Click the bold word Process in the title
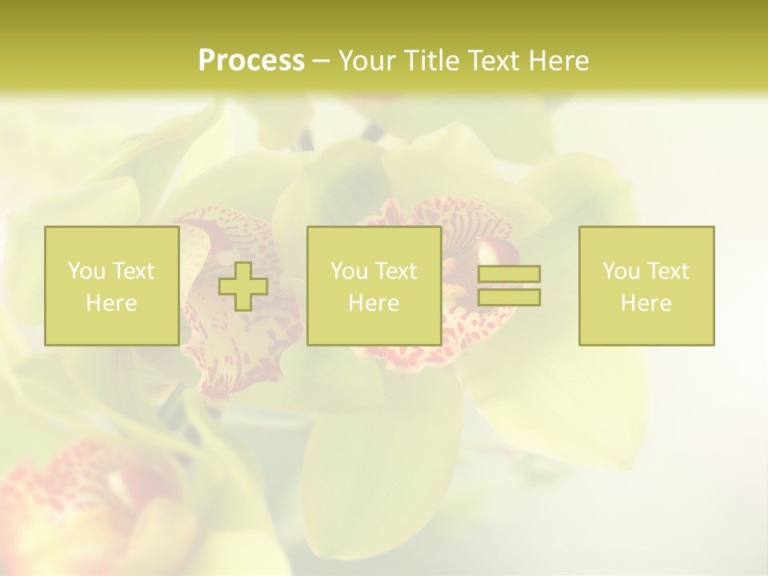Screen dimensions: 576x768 pyautogui.click(x=251, y=61)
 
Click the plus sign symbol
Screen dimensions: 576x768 pyautogui.click(x=244, y=286)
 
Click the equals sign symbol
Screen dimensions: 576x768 pyautogui.click(x=509, y=286)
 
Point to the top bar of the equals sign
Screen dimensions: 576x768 pyautogui.click(x=509, y=274)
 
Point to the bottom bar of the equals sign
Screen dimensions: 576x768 pyautogui.click(x=509, y=297)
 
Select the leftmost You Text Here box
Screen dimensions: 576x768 pyautogui.click(x=111, y=286)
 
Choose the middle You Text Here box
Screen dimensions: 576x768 pyautogui.click(x=374, y=286)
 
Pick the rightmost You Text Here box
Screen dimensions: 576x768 pyautogui.click(x=646, y=286)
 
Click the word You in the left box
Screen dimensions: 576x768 pyautogui.click(x=86, y=271)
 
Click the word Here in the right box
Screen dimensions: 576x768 pyautogui.click(x=646, y=303)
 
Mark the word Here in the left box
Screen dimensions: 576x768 pyautogui.click(x=111, y=303)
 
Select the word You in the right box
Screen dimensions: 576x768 pyautogui.click(x=620, y=271)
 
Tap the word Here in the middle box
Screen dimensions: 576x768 pyautogui.click(x=374, y=303)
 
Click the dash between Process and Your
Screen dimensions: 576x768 pyautogui.click(x=321, y=61)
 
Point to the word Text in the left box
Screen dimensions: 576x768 pyautogui.click(x=133, y=271)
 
